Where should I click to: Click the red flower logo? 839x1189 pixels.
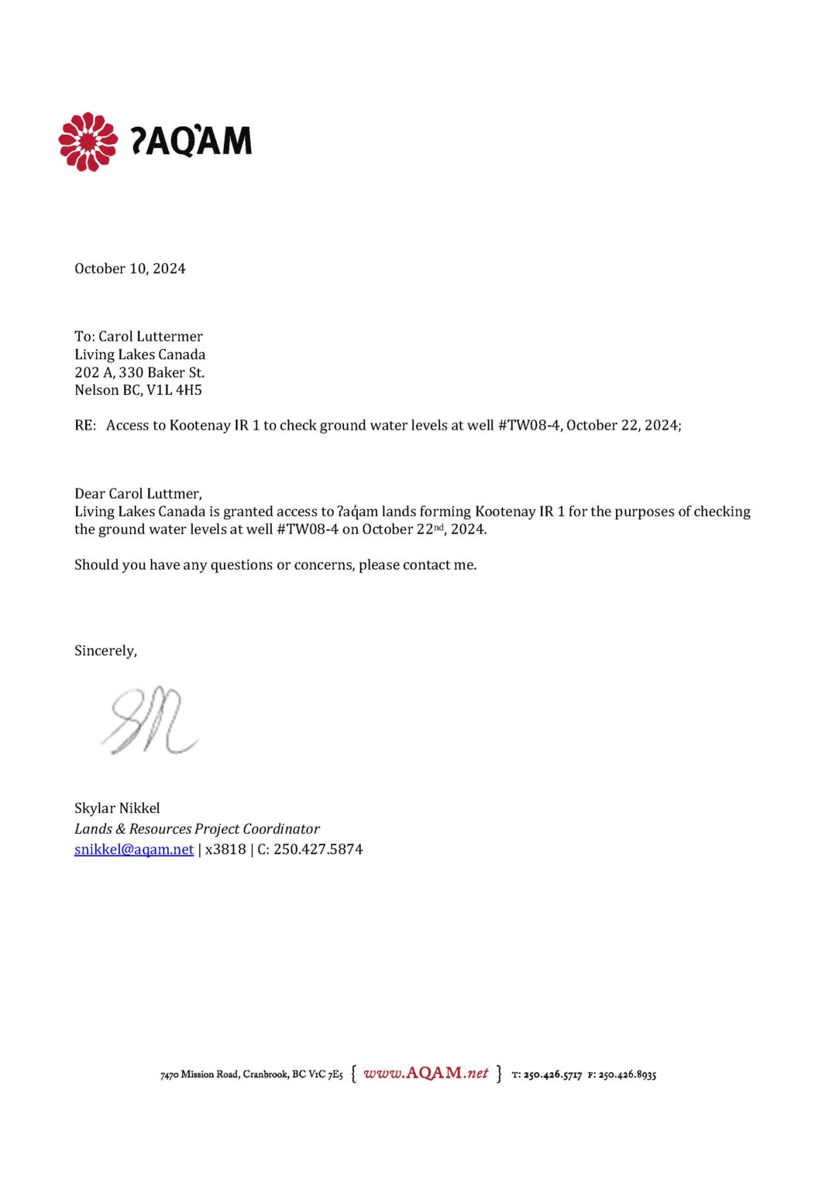[88, 142]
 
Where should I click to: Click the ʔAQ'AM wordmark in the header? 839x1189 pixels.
[191, 141]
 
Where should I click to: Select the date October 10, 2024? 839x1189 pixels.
[129, 269]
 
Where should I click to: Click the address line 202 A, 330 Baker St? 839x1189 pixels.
[139, 372]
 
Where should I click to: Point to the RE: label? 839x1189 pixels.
[84, 425]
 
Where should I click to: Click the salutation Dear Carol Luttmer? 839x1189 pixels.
[138, 494]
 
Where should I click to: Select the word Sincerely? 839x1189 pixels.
[105, 651]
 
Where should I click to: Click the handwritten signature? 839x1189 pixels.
[150, 721]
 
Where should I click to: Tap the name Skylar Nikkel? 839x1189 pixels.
[117, 808]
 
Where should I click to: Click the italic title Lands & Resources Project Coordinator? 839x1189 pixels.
[197, 829]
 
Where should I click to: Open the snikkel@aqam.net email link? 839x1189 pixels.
[134, 849]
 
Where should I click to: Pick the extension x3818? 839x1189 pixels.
[225, 849]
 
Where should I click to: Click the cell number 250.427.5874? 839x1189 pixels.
[318, 849]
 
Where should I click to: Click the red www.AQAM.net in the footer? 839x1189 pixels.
[425, 1073]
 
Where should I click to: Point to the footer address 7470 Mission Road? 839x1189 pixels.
[199, 1074]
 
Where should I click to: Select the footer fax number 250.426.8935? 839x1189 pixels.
[627, 1074]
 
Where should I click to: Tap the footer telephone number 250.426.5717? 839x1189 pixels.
[552, 1074]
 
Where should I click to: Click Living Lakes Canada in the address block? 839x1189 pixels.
[139, 355]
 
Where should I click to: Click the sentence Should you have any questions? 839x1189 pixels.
[275, 565]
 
